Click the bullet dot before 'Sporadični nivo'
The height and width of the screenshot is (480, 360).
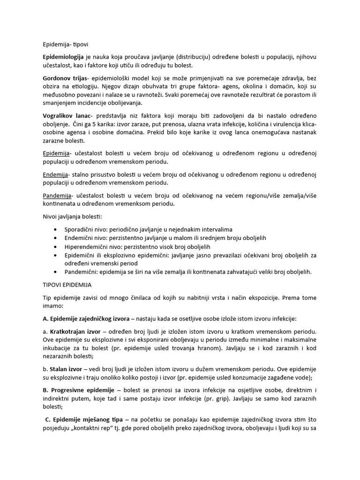click(x=57, y=229)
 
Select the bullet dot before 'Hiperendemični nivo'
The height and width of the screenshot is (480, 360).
click(x=57, y=247)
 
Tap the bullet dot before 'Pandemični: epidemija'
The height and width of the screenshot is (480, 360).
click(x=57, y=272)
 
